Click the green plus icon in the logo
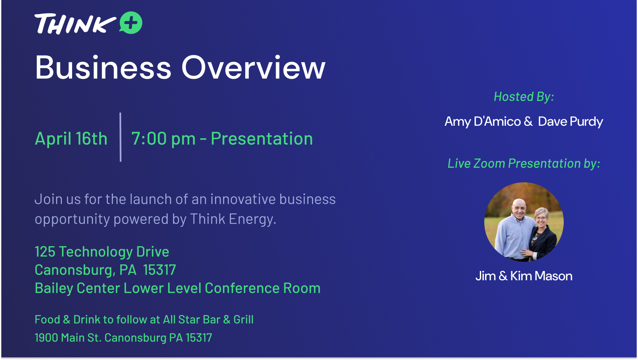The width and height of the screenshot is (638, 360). point(131,23)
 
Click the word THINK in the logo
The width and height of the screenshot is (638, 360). point(75,24)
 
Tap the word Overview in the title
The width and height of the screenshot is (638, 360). point(253,67)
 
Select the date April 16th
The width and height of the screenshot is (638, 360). point(71,138)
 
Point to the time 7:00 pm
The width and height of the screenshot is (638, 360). point(163,139)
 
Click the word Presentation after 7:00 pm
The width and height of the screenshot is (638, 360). point(262,138)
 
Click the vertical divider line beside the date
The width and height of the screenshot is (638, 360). point(120,137)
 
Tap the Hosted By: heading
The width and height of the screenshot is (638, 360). point(524,97)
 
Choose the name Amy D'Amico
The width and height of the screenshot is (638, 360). point(483,121)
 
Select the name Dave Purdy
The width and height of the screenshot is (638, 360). point(570,122)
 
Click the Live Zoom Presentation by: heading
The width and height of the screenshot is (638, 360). point(524,163)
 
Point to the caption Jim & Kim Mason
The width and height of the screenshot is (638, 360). point(524,276)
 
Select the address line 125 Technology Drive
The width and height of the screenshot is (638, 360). point(102,252)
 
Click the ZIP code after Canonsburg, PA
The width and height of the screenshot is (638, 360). point(159,270)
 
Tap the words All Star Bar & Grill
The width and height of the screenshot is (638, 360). point(208,320)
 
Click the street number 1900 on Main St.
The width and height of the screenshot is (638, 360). point(46,338)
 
